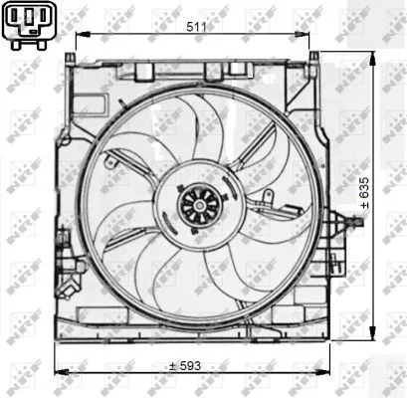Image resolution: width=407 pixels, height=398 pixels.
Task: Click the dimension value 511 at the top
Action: point(196,26)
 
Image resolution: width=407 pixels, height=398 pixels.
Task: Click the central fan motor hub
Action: point(192,203)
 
